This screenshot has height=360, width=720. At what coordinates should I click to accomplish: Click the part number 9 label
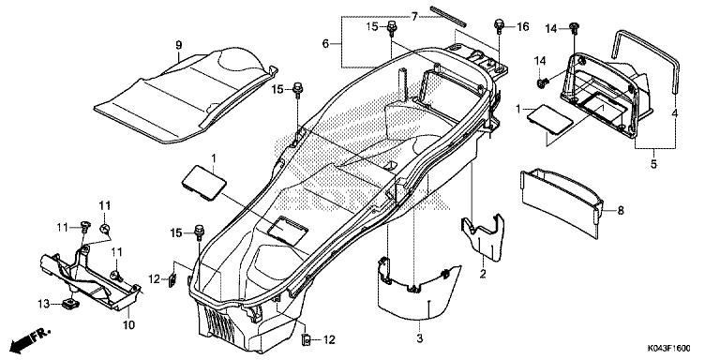coord(179,45)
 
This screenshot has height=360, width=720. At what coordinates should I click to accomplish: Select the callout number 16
coord(522,26)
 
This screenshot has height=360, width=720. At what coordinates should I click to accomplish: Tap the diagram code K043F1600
coord(669,349)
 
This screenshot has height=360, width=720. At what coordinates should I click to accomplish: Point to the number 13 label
coord(43,304)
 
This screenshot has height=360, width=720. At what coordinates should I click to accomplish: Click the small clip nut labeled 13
coord(69,303)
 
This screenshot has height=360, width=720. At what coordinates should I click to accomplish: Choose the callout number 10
coord(129,325)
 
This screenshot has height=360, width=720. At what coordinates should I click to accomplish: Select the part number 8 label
coord(621,210)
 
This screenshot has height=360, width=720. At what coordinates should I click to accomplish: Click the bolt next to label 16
coord(499,25)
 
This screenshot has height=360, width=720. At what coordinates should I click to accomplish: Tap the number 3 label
coord(419,338)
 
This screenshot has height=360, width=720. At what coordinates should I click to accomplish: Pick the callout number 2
coord(483,274)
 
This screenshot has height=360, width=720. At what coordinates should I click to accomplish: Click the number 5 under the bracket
coord(653,163)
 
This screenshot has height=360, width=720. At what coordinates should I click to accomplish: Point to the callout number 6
coord(325,44)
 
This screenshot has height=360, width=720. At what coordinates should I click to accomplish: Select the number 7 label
coord(414,17)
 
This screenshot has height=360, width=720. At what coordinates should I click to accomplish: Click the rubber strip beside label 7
coord(449,16)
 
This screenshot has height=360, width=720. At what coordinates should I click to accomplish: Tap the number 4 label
coord(675,113)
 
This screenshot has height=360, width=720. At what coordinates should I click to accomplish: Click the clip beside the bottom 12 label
coord(306,339)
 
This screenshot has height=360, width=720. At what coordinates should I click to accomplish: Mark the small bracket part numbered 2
coord(483,236)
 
